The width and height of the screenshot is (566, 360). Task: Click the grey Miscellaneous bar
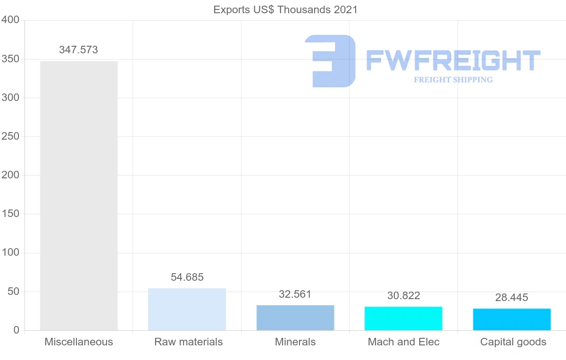pyautogui.click(x=79, y=195)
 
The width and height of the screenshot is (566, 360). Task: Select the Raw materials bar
pyautogui.click(x=187, y=309)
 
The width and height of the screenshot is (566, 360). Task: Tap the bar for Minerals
pyautogui.click(x=295, y=318)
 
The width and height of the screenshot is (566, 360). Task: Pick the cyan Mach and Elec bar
pyautogui.click(x=403, y=318)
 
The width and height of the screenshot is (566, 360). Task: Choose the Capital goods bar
pyautogui.click(x=512, y=319)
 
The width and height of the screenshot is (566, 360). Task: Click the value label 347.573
pyautogui.click(x=79, y=50)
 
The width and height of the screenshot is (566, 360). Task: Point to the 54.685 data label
pyautogui.click(x=187, y=277)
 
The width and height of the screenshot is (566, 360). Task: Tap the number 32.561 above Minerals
pyautogui.click(x=295, y=294)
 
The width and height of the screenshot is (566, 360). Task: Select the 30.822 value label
pyautogui.click(x=404, y=296)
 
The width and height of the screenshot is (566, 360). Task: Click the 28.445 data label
pyautogui.click(x=512, y=298)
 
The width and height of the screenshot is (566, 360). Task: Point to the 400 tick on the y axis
pyautogui.click(x=10, y=20)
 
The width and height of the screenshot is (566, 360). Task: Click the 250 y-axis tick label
pyautogui.click(x=10, y=136)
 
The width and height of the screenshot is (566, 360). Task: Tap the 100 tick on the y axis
pyautogui.click(x=10, y=253)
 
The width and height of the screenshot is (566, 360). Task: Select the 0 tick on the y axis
pyautogui.click(x=17, y=330)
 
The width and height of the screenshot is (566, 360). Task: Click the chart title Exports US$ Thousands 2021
pyautogui.click(x=286, y=9)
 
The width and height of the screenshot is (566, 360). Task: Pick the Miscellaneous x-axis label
pyautogui.click(x=79, y=342)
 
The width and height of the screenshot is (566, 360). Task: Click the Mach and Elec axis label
pyautogui.click(x=404, y=342)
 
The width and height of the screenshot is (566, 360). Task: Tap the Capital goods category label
pyautogui.click(x=513, y=342)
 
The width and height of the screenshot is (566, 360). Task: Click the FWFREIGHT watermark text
pyautogui.click(x=453, y=60)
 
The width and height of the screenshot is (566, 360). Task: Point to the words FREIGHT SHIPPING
pyautogui.click(x=453, y=80)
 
